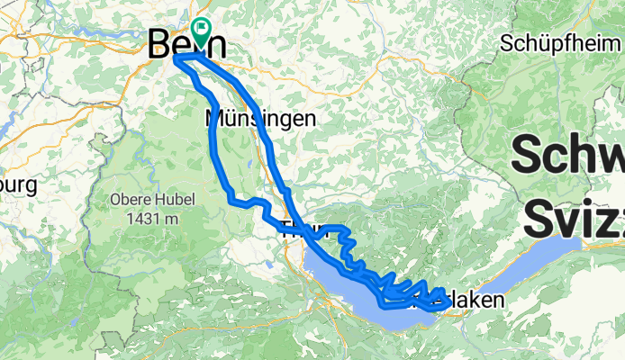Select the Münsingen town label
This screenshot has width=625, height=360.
click(x=260, y=118)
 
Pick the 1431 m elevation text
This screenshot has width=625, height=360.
click(x=156, y=217)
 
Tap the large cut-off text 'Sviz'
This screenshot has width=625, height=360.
click(x=572, y=217)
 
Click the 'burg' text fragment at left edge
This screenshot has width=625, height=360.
click(x=15, y=186)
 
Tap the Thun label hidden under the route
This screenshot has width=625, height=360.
click(x=297, y=229)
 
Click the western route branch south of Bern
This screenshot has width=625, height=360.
click(x=215, y=135)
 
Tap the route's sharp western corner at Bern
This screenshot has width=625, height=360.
click(x=174, y=58)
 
